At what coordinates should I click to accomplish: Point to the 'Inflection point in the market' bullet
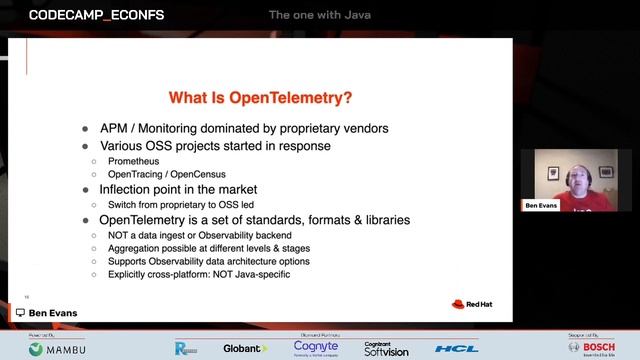tap(178, 189)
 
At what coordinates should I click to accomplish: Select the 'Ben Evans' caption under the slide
tap(51, 313)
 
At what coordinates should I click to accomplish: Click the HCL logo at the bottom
tap(456, 348)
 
